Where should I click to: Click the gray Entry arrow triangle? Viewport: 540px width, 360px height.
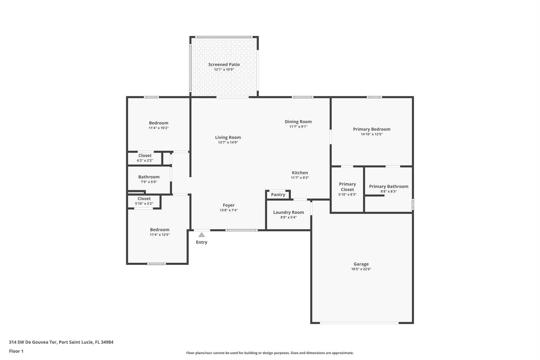(x=201, y=235)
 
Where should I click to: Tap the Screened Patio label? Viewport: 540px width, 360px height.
(x=224, y=65)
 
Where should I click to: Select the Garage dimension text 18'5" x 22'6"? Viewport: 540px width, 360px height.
(x=361, y=269)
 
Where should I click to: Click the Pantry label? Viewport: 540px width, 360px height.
(x=278, y=195)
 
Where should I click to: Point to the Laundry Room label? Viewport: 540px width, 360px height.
(x=288, y=212)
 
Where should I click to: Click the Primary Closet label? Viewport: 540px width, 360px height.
(x=347, y=187)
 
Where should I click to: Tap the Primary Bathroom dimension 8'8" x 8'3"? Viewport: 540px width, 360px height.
(x=388, y=191)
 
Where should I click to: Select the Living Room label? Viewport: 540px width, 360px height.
(x=228, y=137)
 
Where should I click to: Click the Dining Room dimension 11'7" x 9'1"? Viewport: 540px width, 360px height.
(x=298, y=127)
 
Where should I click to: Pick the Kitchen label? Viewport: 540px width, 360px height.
(x=300, y=173)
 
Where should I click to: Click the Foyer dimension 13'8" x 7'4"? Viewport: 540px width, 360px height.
(x=229, y=210)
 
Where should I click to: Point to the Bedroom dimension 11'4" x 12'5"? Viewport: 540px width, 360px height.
(x=160, y=234)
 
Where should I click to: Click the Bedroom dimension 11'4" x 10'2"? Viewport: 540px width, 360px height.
(x=158, y=128)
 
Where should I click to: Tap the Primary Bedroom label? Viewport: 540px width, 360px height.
(x=372, y=129)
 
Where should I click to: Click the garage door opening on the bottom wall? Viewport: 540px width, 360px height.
(x=359, y=323)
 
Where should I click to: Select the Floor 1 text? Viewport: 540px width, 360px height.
(x=16, y=351)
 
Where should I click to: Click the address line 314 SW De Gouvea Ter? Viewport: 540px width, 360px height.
(x=61, y=342)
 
